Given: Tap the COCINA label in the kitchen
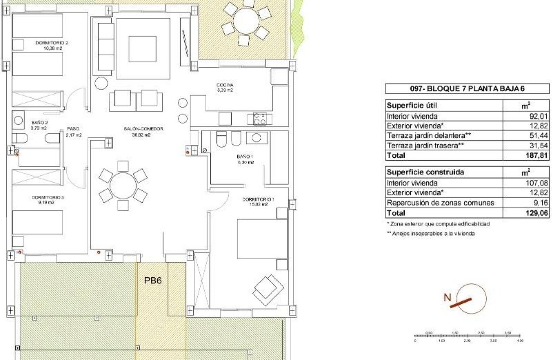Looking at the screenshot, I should tap(224, 85).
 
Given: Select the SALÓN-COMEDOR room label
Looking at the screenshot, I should tap(138, 129).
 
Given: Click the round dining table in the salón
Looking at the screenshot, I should tap(123, 186).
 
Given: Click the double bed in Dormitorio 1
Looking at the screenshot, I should tap(262, 238).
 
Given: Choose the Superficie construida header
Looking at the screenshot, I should tap(419, 172).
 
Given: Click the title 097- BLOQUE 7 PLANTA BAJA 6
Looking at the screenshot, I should tap(467, 89).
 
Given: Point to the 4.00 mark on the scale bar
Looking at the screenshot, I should tap(520, 340).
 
